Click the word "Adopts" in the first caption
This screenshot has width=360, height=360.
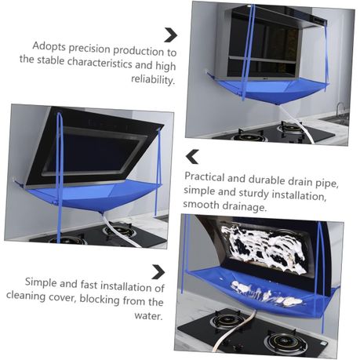(x=49, y=46)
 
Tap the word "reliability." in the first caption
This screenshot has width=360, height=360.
(x=153, y=79)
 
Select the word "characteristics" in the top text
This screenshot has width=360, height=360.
(x=100, y=63)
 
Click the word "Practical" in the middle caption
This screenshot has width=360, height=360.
(x=205, y=177)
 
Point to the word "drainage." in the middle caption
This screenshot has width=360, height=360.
(x=245, y=206)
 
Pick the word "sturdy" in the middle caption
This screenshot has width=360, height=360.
(x=253, y=194)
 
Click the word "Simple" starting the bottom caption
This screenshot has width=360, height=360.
(x=41, y=283)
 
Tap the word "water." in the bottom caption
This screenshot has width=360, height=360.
(x=149, y=315)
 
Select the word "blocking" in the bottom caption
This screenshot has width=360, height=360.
(x=100, y=299)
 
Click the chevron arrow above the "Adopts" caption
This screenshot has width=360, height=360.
(x=171, y=35)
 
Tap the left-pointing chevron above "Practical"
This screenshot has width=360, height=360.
(x=192, y=157)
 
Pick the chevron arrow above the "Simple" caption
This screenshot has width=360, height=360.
(x=158, y=272)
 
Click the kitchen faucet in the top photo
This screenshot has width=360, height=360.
(x=340, y=110)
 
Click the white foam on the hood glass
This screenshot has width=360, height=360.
(x=262, y=248)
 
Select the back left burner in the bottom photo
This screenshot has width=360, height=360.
(x=228, y=319)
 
